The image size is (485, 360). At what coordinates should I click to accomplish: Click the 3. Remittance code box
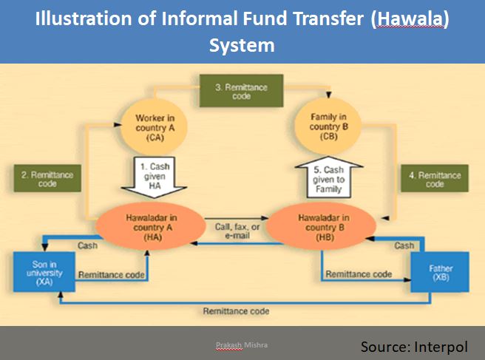pyautogui.click(x=243, y=92)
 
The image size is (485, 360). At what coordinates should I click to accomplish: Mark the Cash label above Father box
pyautogui.click(x=404, y=245)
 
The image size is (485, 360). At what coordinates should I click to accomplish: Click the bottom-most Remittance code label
pyautogui.click(x=237, y=311)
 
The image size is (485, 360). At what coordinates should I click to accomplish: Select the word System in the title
pyautogui.click(x=242, y=46)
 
